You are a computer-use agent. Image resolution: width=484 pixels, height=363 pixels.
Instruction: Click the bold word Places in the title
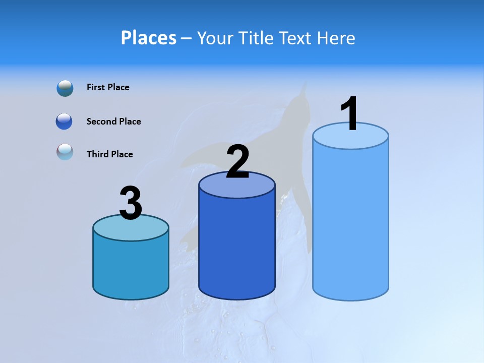[148, 38]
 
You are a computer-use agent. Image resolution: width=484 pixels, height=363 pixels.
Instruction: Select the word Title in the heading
[255, 38]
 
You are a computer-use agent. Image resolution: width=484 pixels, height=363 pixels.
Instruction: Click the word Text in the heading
[294, 38]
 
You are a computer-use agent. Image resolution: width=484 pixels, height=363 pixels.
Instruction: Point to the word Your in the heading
[215, 38]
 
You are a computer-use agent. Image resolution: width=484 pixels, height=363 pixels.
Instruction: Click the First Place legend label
[108, 87]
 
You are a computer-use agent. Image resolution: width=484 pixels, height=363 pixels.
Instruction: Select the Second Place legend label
[113, 122]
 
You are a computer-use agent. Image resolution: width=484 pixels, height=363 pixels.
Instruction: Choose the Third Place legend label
[109, 154]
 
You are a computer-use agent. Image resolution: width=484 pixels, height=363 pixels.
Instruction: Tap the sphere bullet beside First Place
[65, 88]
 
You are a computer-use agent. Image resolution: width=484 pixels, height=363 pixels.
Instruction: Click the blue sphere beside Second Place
[64, 122]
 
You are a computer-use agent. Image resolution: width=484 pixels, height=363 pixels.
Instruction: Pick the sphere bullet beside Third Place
[65, 152]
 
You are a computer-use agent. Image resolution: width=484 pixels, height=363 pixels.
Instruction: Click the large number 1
[349, 114]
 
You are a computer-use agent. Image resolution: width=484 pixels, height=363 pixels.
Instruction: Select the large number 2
[237, 162]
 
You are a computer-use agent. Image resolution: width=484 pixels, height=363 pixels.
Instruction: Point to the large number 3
[131, 204]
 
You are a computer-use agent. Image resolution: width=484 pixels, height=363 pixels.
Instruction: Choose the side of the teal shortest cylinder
[131, 267]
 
